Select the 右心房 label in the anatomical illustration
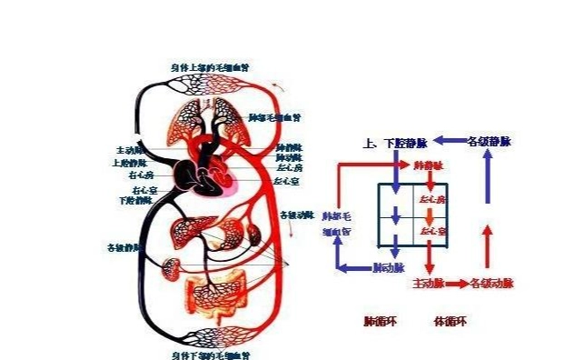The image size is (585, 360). (141, 174)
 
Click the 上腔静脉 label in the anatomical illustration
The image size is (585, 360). (129, 164)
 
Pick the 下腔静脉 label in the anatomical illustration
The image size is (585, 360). (134, 201)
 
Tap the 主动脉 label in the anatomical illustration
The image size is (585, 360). (127, 150)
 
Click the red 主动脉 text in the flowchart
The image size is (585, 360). (428, 284)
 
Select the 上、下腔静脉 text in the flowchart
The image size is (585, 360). (395, 144)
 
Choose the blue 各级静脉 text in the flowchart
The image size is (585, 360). (490, 142)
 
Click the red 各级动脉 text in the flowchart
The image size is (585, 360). (492, 284)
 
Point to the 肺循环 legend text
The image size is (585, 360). (377, 321)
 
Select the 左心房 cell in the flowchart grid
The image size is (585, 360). (431, 199)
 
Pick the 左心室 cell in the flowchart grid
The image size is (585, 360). (431, 232)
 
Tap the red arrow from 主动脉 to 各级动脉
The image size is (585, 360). (458, 284)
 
